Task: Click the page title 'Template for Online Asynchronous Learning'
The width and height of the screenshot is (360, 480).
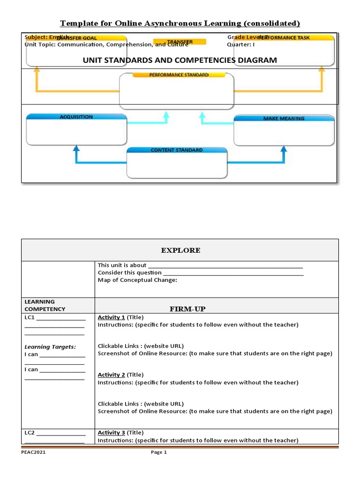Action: click(180, 23)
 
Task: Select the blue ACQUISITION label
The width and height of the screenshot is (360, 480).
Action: click(76, 117)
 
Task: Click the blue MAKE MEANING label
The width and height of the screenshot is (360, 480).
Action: click(284, 119)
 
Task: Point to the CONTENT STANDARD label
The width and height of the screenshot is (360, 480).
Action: click(177, 150)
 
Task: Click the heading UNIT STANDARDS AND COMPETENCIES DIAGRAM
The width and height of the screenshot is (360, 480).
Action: click(180, 60)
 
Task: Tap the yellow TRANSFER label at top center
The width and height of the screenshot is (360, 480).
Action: click(180, 42)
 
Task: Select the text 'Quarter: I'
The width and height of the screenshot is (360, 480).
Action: click(241, 45)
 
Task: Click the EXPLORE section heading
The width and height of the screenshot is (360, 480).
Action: click(180, 250)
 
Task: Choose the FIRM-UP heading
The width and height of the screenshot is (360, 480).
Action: click(187, 309)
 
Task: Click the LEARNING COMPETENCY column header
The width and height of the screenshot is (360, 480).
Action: click(45, 305)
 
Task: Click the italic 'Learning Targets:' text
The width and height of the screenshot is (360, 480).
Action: click(50, 347)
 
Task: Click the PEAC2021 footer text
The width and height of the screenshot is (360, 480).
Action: click(34, 452)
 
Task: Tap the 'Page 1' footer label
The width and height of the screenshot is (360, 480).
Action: click(158, 452)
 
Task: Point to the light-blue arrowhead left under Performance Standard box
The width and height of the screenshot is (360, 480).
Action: click(165, 114)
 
